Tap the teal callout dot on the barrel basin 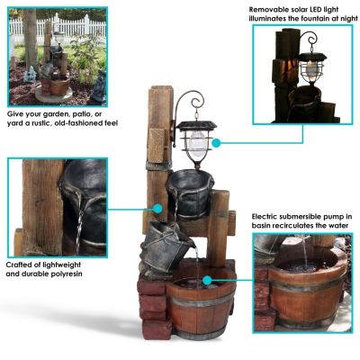point(208,279)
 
